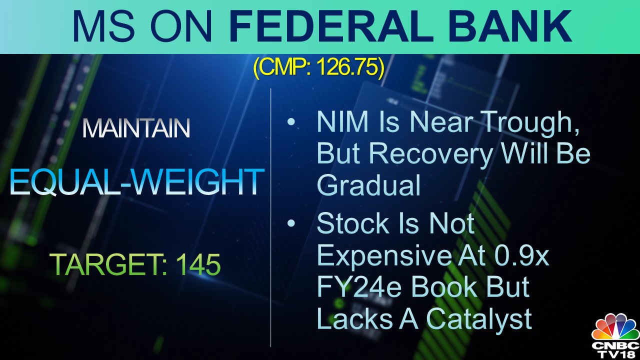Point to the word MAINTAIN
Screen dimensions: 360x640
click(x=136, y=128)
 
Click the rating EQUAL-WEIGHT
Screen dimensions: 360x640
click(x=136, y=182)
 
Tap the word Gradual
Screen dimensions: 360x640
click(x=369, y=185)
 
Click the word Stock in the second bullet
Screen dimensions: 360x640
click(x=353, y=224)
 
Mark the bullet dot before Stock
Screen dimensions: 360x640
click(x=290, y=224)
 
